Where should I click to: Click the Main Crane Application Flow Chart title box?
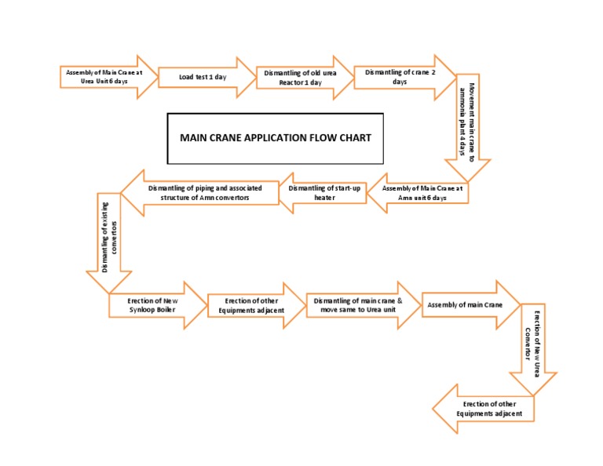[x=276, y=138]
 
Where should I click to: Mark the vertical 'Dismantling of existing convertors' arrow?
[x=109, y=239]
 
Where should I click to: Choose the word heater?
[x=324, y=198]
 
